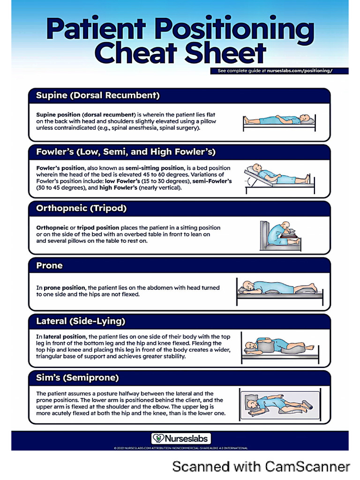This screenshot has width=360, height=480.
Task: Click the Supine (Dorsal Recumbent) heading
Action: tap(98, 96)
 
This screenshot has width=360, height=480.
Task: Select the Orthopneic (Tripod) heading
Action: tap(82, 208)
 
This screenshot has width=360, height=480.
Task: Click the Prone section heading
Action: tap(49, 265)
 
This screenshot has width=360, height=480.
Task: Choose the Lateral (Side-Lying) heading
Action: tap(81, 322)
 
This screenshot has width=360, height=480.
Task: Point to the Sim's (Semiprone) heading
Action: tap(77, 377)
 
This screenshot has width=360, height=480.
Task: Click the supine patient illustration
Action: tap(279, 120)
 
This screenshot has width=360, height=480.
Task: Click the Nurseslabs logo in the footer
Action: tap(181, 439)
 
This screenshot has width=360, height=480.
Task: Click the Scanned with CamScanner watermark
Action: tap(261, 466)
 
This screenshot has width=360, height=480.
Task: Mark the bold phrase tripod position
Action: tap(94, 227)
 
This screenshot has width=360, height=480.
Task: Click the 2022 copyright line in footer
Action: tap(181, 448)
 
